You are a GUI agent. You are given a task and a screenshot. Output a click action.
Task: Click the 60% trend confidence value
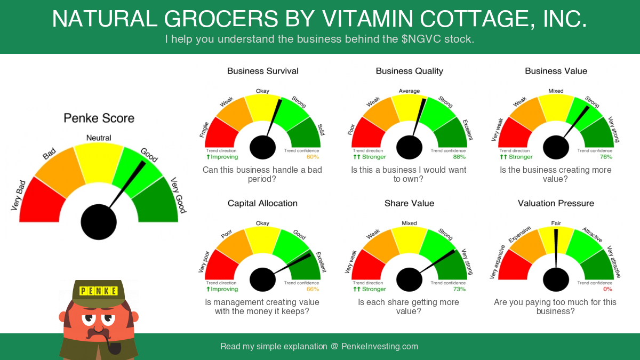pyautogui.click(x=313, y=157)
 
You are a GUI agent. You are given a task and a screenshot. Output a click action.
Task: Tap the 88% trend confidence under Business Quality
pyautogui.click(x=459, y=157)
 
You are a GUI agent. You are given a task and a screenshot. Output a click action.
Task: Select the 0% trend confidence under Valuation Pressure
pyautogui.click(x=607, y=289)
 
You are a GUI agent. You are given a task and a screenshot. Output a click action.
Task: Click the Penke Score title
pyautogui.click(x=99, y=118)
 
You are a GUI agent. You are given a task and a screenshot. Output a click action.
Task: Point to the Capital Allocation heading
pyautogui.click(x=262, y=203)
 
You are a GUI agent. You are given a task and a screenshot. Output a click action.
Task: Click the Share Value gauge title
pyautogui.click(x=409, y=203)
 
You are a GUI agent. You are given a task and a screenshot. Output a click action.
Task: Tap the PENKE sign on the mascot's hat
pyautogui.click(x=99, y=291)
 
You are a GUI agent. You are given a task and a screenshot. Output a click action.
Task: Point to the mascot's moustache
pyautogui.click(x=98, y=333)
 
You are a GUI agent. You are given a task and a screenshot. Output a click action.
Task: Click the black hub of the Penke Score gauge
pyautogui.click(x=99, y=222)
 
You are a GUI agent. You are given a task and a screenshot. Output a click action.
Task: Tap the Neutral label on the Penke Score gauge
pyautogui.click(x=99, y=138)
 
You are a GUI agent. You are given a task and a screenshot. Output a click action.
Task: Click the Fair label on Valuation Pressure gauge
pyautogui.click(x=556, y=223)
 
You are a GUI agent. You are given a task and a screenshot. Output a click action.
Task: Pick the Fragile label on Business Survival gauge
pyautogui.click(x=204, y=130)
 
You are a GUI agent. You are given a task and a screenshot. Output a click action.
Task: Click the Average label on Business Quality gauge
pyautogui.click(x=409, y=91)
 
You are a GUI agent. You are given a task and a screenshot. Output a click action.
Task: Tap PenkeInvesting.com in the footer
pyautogui.click(x=380, y=346)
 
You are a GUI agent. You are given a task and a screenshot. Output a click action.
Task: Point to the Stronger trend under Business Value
pyautogui.click(x=516, y=157)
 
